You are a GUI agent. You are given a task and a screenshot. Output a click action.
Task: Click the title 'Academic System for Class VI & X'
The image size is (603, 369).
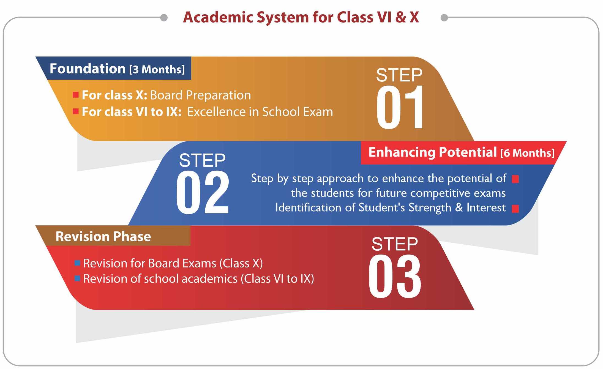point(301,17)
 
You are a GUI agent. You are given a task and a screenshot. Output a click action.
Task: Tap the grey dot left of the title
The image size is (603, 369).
point(164,18)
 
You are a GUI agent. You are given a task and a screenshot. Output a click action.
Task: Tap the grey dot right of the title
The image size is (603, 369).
point(444,18)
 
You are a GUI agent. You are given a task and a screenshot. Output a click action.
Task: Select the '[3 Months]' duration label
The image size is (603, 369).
point(157,69)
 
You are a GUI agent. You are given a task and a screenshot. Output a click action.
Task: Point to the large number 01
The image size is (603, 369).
point(400,107)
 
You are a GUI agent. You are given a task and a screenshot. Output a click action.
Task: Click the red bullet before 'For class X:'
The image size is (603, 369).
point(76,95)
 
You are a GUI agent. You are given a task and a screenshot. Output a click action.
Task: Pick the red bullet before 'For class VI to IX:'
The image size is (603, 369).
point(76,111)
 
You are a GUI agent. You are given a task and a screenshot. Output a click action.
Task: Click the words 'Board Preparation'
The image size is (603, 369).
point(201,95)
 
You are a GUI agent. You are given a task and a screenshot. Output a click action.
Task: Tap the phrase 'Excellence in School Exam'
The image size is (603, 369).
point(260,112)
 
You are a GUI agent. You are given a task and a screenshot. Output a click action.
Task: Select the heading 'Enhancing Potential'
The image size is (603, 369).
point(433,152)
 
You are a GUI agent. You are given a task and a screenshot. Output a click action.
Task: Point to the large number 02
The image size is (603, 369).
point(203,192)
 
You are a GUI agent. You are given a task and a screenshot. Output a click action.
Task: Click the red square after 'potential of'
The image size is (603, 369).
point(515,179)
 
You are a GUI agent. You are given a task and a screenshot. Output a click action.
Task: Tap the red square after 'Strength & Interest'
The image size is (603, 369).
point(515,209)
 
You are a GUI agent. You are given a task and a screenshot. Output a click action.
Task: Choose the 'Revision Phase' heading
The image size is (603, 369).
point(103,236)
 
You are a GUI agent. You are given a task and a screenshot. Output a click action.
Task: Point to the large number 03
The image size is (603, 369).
point(395,277)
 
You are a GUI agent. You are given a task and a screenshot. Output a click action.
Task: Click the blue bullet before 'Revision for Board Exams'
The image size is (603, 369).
point(77,263)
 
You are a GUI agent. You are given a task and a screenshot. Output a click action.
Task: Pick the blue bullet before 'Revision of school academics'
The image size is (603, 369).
point(77,278)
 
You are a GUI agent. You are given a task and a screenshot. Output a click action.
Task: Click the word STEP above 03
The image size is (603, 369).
point(395,244)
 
